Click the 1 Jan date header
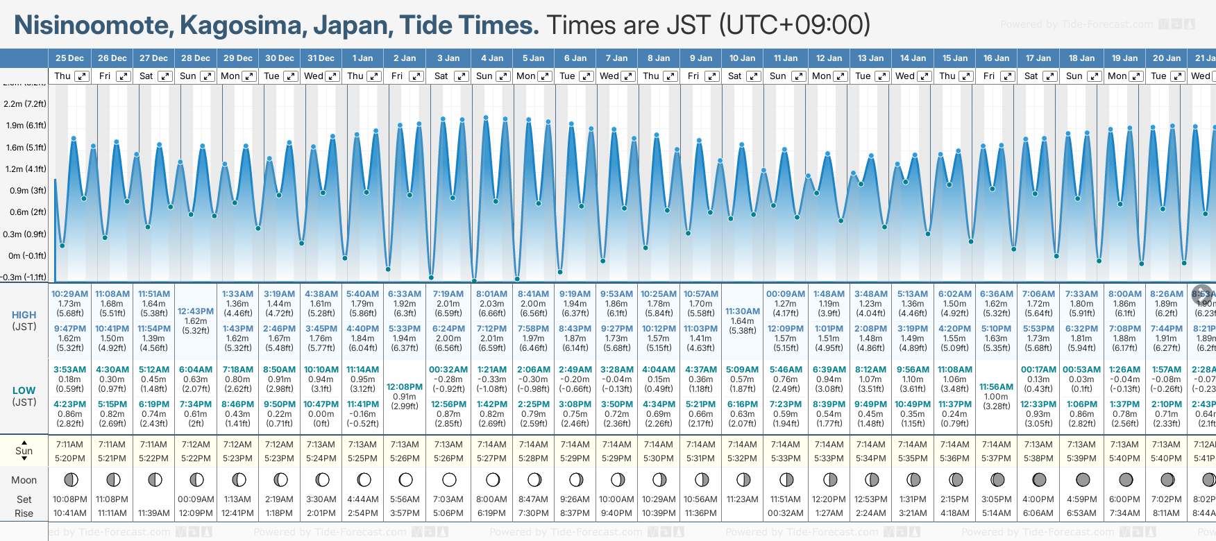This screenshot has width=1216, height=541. (x=362, y=58)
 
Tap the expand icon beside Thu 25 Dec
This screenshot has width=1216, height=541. (x=82, y=76)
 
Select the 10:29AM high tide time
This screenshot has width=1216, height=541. (x=70, y=294)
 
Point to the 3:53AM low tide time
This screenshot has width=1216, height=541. (x=70, y=370)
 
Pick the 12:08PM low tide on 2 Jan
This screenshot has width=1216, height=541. (x=405, y=387)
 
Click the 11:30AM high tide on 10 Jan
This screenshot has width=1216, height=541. (x=743, y=311)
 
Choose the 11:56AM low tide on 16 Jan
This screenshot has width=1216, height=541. (x=997, y=387)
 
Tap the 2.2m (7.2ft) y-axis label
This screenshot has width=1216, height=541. (x=25, y=104)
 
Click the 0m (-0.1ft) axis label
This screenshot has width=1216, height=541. (x=27, y=255)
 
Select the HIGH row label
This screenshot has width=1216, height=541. (x=24, y=315)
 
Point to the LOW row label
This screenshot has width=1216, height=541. (x=24, y=390)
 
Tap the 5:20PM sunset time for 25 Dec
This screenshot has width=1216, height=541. (x=70, y=458)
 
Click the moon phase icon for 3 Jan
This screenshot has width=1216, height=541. (x=449, y=479)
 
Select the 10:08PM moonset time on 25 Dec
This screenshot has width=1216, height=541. (x=70, y=499)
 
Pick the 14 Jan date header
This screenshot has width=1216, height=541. (x=913, y=58)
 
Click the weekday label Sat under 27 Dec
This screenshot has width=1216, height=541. (x=146, y=76)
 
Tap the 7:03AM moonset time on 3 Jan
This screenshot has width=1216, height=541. (x=448, y=499)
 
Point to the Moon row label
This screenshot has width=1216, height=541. (x=24, y=480)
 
